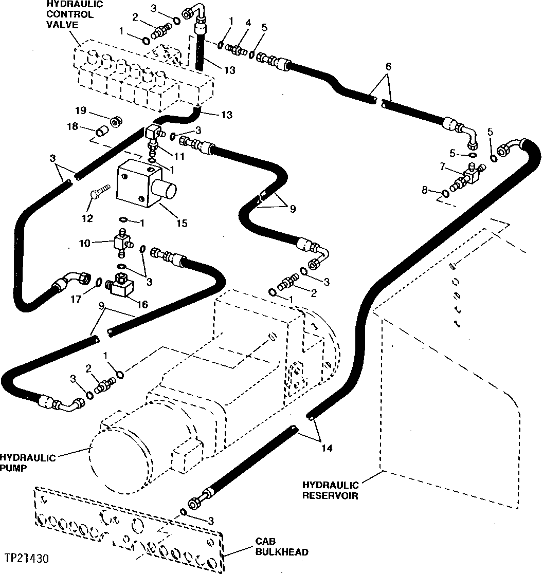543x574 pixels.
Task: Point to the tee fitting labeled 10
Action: [x=123, y=242]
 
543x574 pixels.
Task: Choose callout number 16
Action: [x=142, y=305]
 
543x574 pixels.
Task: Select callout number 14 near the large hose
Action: [x=327, y=448]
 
